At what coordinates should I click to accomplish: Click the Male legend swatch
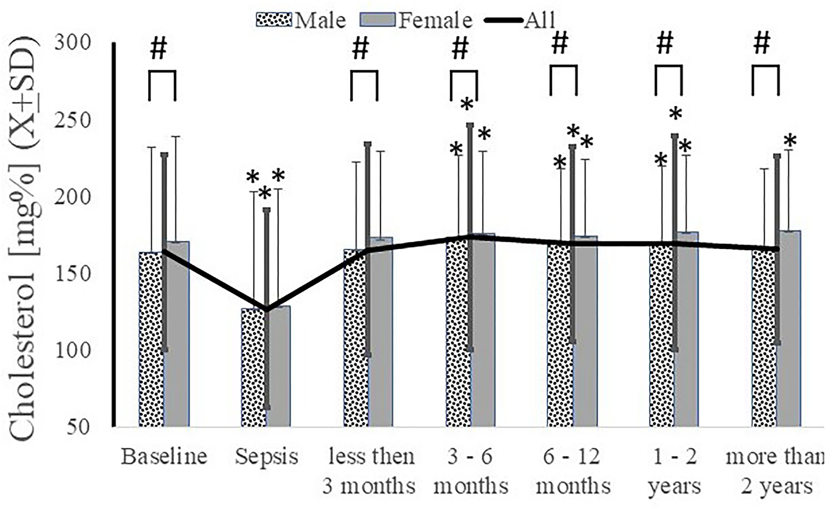[x=274, y=20]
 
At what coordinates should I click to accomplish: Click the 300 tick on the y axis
[x=73, y=43]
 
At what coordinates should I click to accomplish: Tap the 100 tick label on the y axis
[x=73, y=350]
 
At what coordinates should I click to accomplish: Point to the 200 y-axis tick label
[x=73, y=196]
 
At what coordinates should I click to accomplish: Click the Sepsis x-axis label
[x=266, y=456]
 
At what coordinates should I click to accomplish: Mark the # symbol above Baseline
[x=158, y=49]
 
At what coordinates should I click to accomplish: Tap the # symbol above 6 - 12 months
[x=560, y=44]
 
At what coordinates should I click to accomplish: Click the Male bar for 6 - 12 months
[x=559, y=334]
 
